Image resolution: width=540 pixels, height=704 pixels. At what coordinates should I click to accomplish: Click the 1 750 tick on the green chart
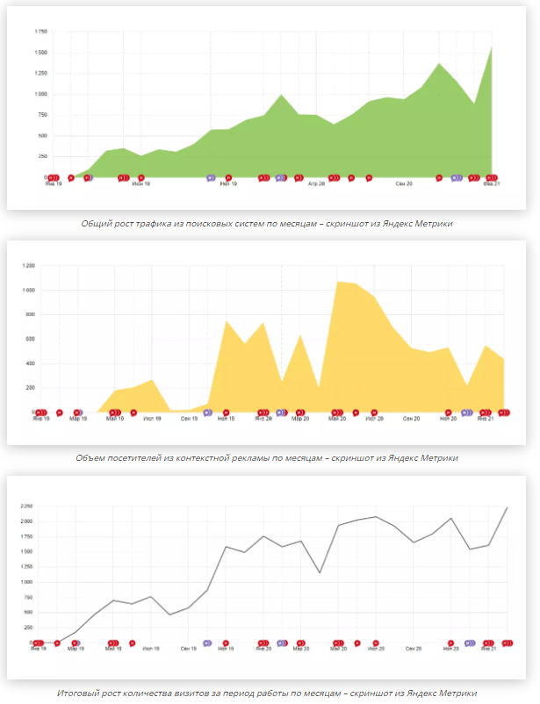coord(41,32)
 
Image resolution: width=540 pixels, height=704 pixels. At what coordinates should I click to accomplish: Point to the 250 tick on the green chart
coord(43,157)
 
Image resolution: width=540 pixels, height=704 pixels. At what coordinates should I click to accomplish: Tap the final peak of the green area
coord(492,47)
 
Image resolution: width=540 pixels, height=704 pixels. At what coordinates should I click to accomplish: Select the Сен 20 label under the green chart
coord(404,184)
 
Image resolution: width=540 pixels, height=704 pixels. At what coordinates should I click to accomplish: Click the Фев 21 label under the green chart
coord(491,184)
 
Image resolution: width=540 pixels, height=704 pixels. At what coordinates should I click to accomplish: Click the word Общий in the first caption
coord(96,224)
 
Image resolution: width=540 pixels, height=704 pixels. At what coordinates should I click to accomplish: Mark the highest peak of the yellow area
coord(337,282)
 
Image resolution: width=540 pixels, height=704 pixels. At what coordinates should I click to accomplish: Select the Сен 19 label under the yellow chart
coord(189,419)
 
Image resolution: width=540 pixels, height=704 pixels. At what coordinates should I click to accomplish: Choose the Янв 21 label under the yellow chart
coord(484,419)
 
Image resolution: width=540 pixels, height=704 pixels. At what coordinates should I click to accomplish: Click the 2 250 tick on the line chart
coord(26,506)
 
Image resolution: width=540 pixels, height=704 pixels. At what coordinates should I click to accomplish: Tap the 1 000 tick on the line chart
coord(26,582)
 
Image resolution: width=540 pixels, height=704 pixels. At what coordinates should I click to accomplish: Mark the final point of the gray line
coord(508,507)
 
